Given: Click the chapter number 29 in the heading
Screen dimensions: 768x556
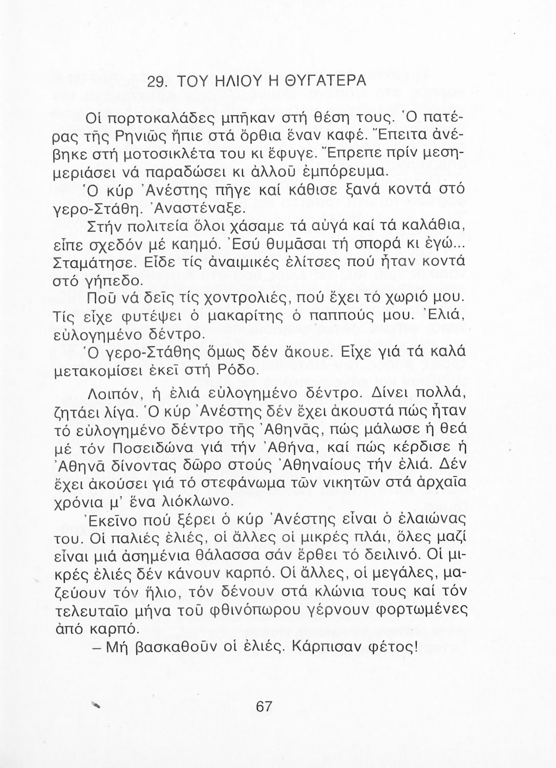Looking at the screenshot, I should click(x=156, y=82).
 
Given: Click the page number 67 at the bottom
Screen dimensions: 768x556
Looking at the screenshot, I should click(x=264, y=707).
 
